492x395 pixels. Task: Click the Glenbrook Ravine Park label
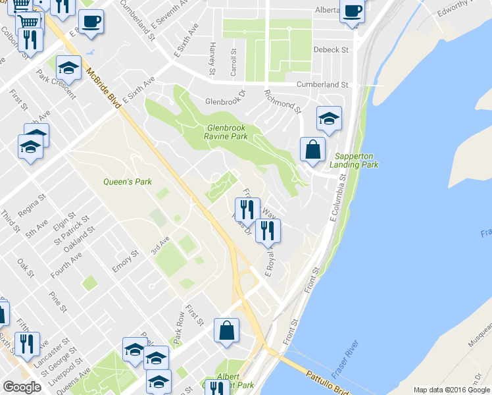coord(226,132)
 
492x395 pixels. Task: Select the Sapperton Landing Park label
coord(356,160)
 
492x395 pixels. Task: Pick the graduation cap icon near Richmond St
coord(329,118)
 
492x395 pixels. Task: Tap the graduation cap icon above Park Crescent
coord(68,67)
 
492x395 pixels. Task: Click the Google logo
coord(22,387)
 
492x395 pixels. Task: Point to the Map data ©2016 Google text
coord(451,390)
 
